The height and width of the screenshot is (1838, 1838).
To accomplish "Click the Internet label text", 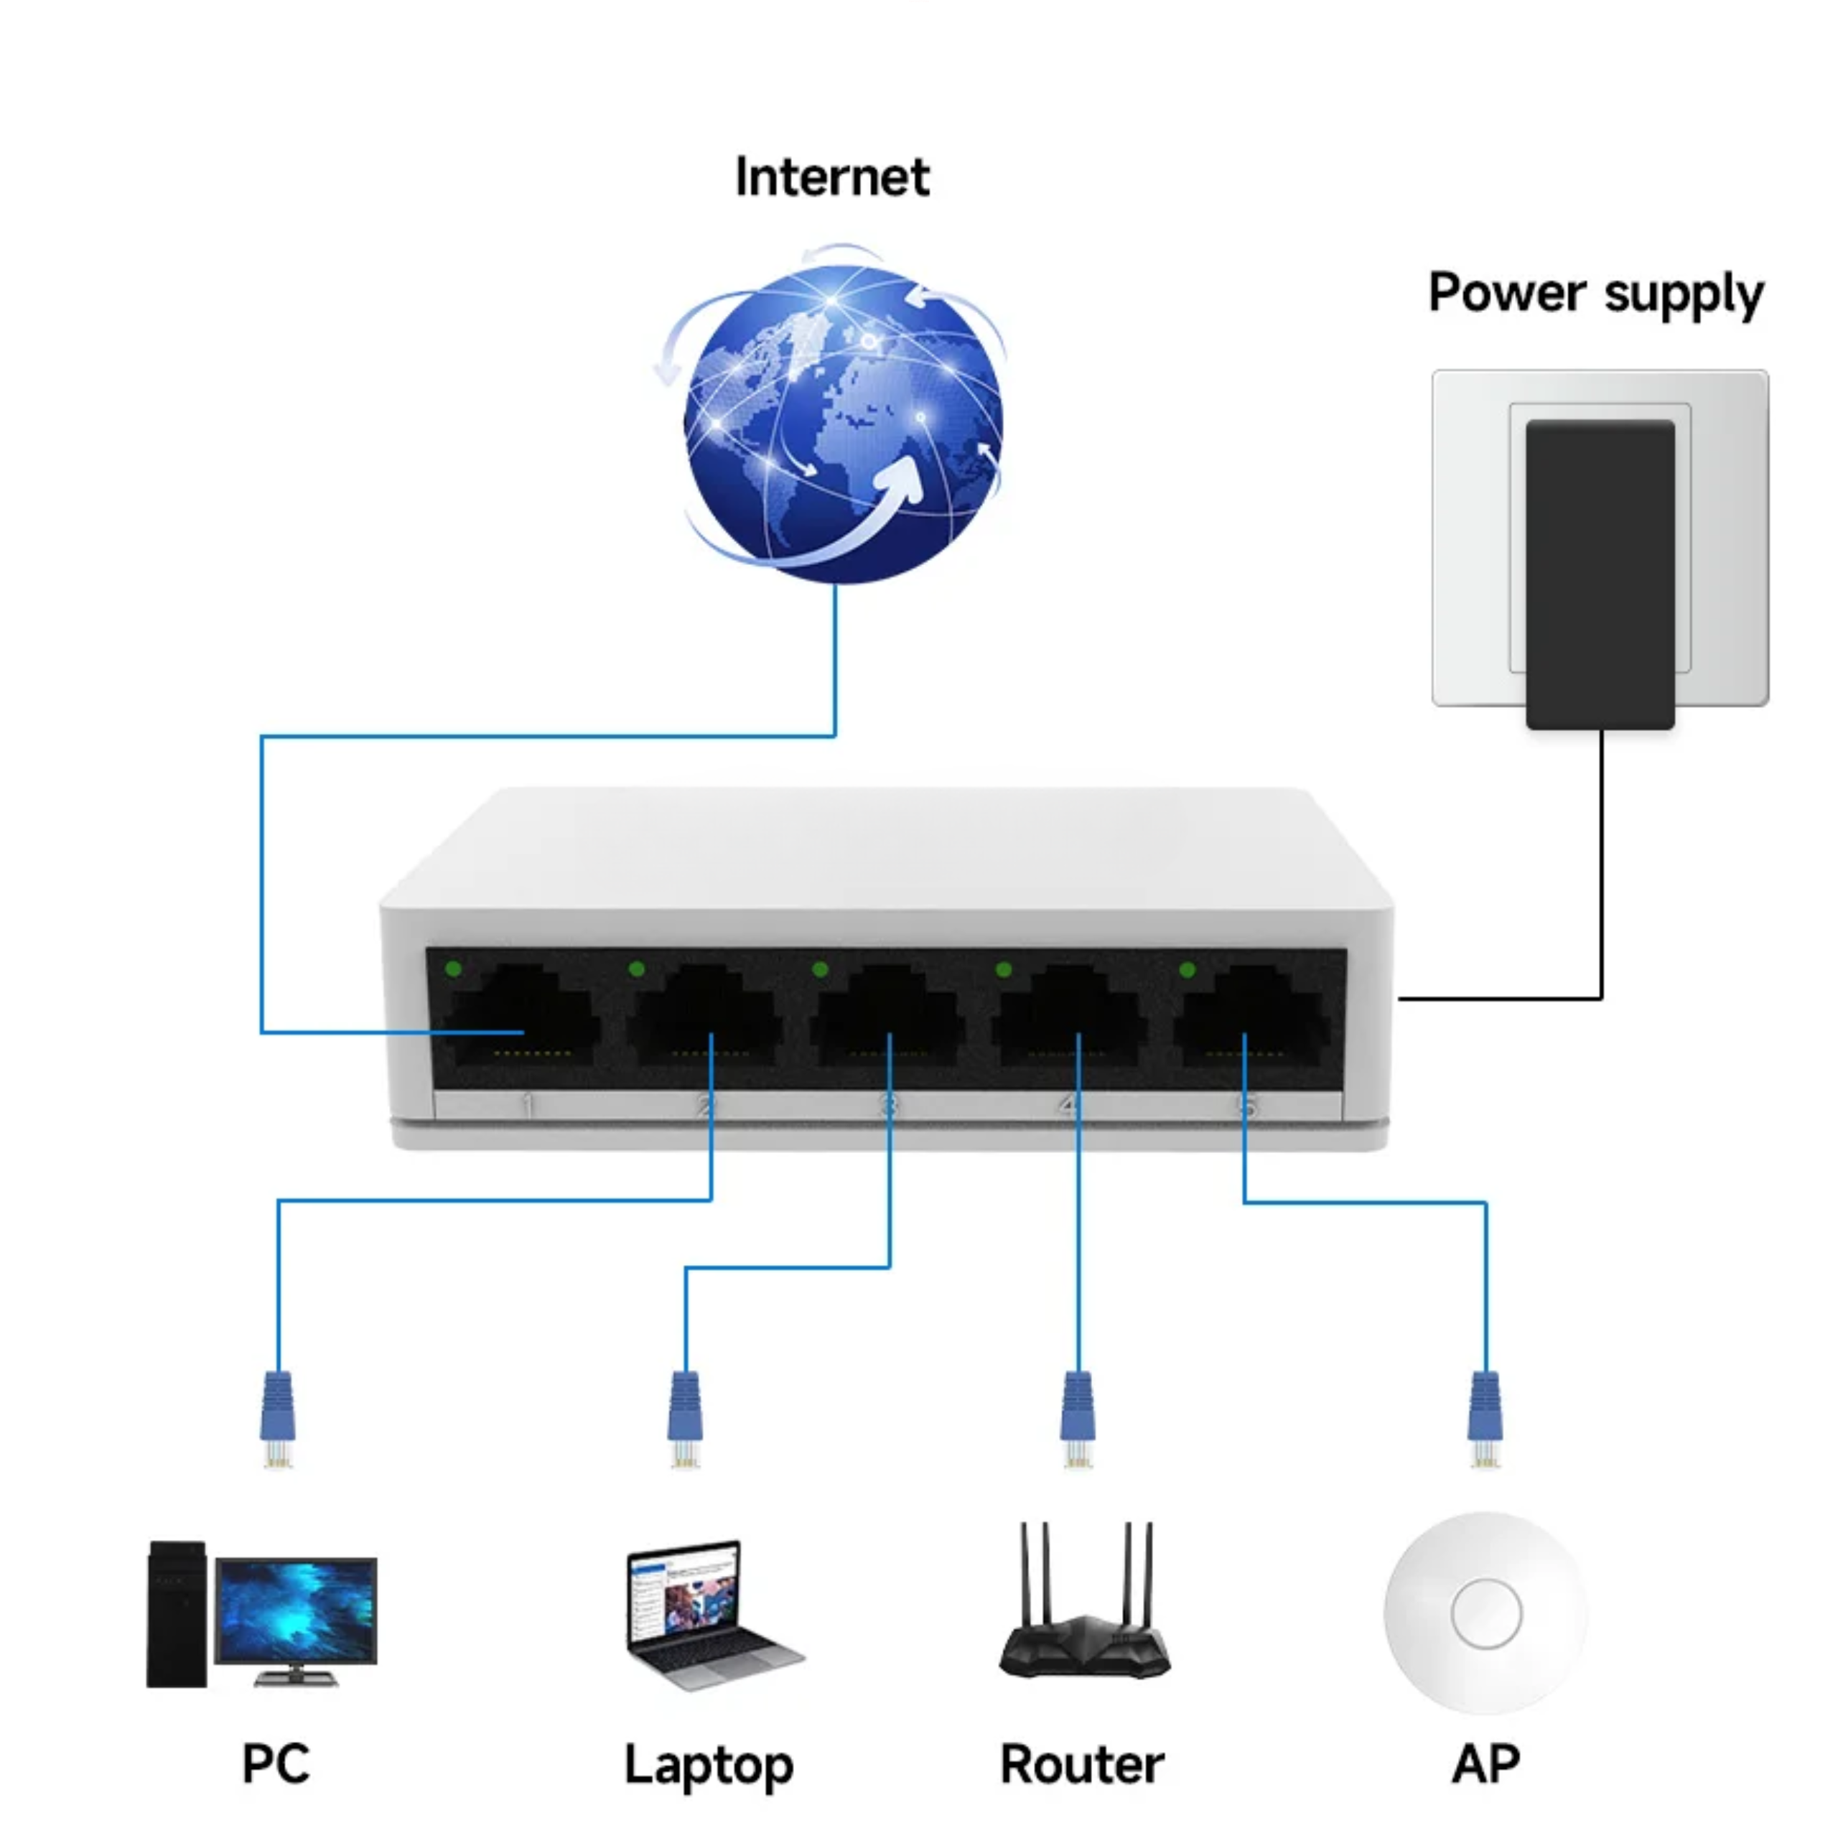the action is pos(832,178).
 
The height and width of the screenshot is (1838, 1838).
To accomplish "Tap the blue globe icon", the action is pos(842,424).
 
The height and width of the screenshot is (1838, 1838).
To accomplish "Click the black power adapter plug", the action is pos(1600,574).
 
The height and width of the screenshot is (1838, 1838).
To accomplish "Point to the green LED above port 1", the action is pos(453,969).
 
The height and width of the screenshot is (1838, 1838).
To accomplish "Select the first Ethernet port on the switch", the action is pos(521,1016).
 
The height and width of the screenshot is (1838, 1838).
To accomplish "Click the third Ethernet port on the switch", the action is pos(887,1016).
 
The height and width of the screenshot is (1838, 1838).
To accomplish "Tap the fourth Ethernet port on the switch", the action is pos(1069,1016).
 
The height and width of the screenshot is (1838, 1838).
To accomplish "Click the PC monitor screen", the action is pos(296,1610).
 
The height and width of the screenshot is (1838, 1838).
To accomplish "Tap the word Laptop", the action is pos(709,1767).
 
